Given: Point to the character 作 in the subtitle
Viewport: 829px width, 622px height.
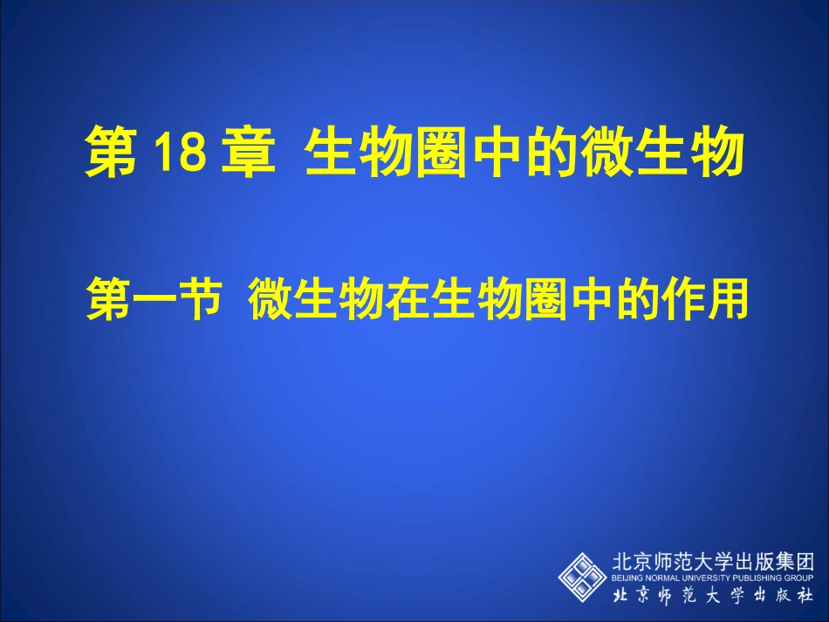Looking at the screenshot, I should (681, 299).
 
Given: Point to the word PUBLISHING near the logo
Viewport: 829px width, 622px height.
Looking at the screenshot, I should (758, 578).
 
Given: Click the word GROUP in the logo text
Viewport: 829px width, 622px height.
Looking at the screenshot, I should (800, 578).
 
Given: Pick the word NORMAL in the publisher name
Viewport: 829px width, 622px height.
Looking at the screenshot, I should (663, 578).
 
